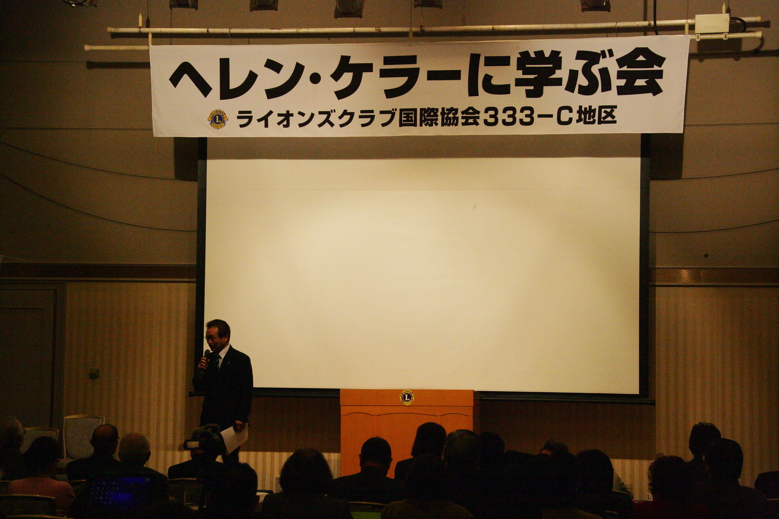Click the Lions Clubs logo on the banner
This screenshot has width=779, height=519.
click(218, 119)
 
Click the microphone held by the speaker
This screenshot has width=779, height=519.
click(206, 356)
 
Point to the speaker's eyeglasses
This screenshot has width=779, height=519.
click(212, 338)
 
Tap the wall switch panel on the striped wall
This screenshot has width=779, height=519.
click(94, 373)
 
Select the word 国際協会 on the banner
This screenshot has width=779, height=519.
click(439, 118)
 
